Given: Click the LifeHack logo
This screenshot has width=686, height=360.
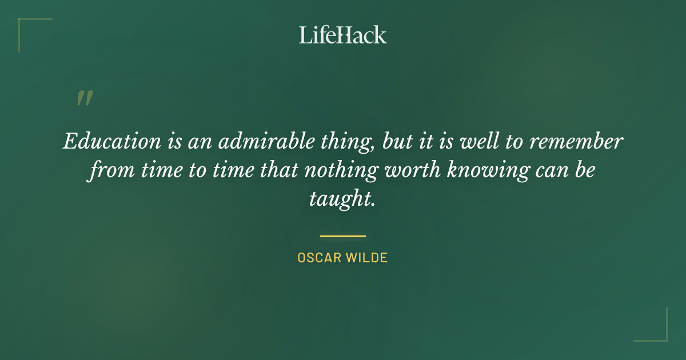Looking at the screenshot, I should (342, 35).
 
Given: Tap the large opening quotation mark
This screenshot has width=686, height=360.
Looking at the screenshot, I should (84, 99).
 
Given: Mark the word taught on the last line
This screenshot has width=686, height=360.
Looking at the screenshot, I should (342, 199).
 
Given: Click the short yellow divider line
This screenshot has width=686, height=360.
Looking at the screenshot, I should (342, 235).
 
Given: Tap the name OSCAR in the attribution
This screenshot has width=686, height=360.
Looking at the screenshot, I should (318, 258).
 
